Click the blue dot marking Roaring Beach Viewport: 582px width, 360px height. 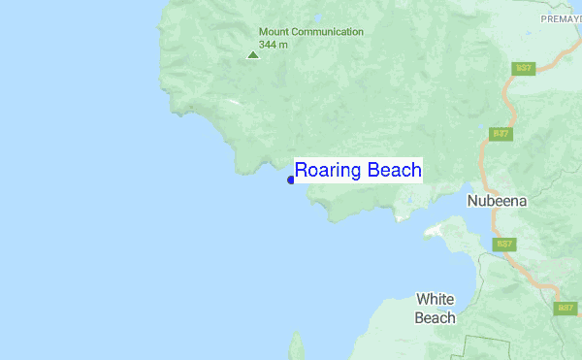291,180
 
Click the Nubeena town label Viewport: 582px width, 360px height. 497,202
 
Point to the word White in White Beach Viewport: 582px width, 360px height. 436,299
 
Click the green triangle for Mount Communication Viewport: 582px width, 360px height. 253,54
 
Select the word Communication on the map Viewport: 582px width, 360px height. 329,32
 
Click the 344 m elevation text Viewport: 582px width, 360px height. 274,45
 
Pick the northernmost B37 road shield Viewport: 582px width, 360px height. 524,68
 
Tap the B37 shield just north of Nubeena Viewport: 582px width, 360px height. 501,133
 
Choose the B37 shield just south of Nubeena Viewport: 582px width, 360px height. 504,245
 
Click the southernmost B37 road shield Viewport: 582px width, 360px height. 566,308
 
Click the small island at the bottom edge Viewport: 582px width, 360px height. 296,346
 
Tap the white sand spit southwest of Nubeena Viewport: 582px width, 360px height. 435,231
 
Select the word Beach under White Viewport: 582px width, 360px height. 435,317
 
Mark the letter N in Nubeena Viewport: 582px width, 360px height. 472,202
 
